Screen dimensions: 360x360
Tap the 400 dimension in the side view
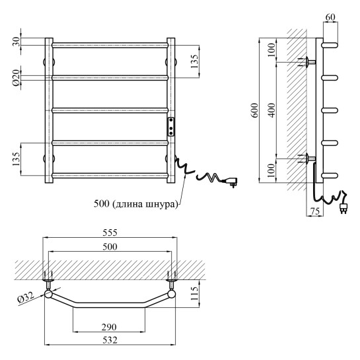(271, 110)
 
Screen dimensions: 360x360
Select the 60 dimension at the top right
(330, 17)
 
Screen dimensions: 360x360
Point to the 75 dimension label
(315, 211)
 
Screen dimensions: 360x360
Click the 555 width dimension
(110, 233)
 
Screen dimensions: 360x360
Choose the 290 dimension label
(109, 327)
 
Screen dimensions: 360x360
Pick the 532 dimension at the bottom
(110, 340)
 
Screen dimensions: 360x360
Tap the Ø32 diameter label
(26, 297)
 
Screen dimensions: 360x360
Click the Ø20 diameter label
(17, 78)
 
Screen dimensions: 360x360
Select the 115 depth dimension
(194, 293)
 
